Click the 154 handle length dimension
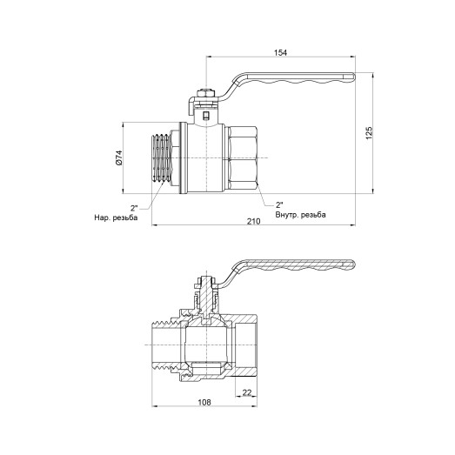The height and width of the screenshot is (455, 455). pyautogui.click(x=280, y=52)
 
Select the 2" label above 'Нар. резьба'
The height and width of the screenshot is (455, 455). pyautogui.click(x=135, y=207)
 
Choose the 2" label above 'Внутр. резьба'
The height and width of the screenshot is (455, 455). pyautogui.click(x=278, y=202)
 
